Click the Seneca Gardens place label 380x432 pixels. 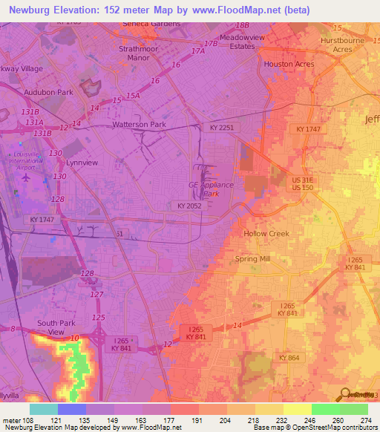coord(151,24)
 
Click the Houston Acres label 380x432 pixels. coord(289,65)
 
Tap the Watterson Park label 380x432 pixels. coord(139,125)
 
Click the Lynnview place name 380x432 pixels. coord(82,162)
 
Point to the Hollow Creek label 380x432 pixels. coord(266,233)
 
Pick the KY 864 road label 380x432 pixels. coord(289,358)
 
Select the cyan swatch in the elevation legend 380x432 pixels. coord(43,409)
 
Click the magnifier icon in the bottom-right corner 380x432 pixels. coord(345,394)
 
